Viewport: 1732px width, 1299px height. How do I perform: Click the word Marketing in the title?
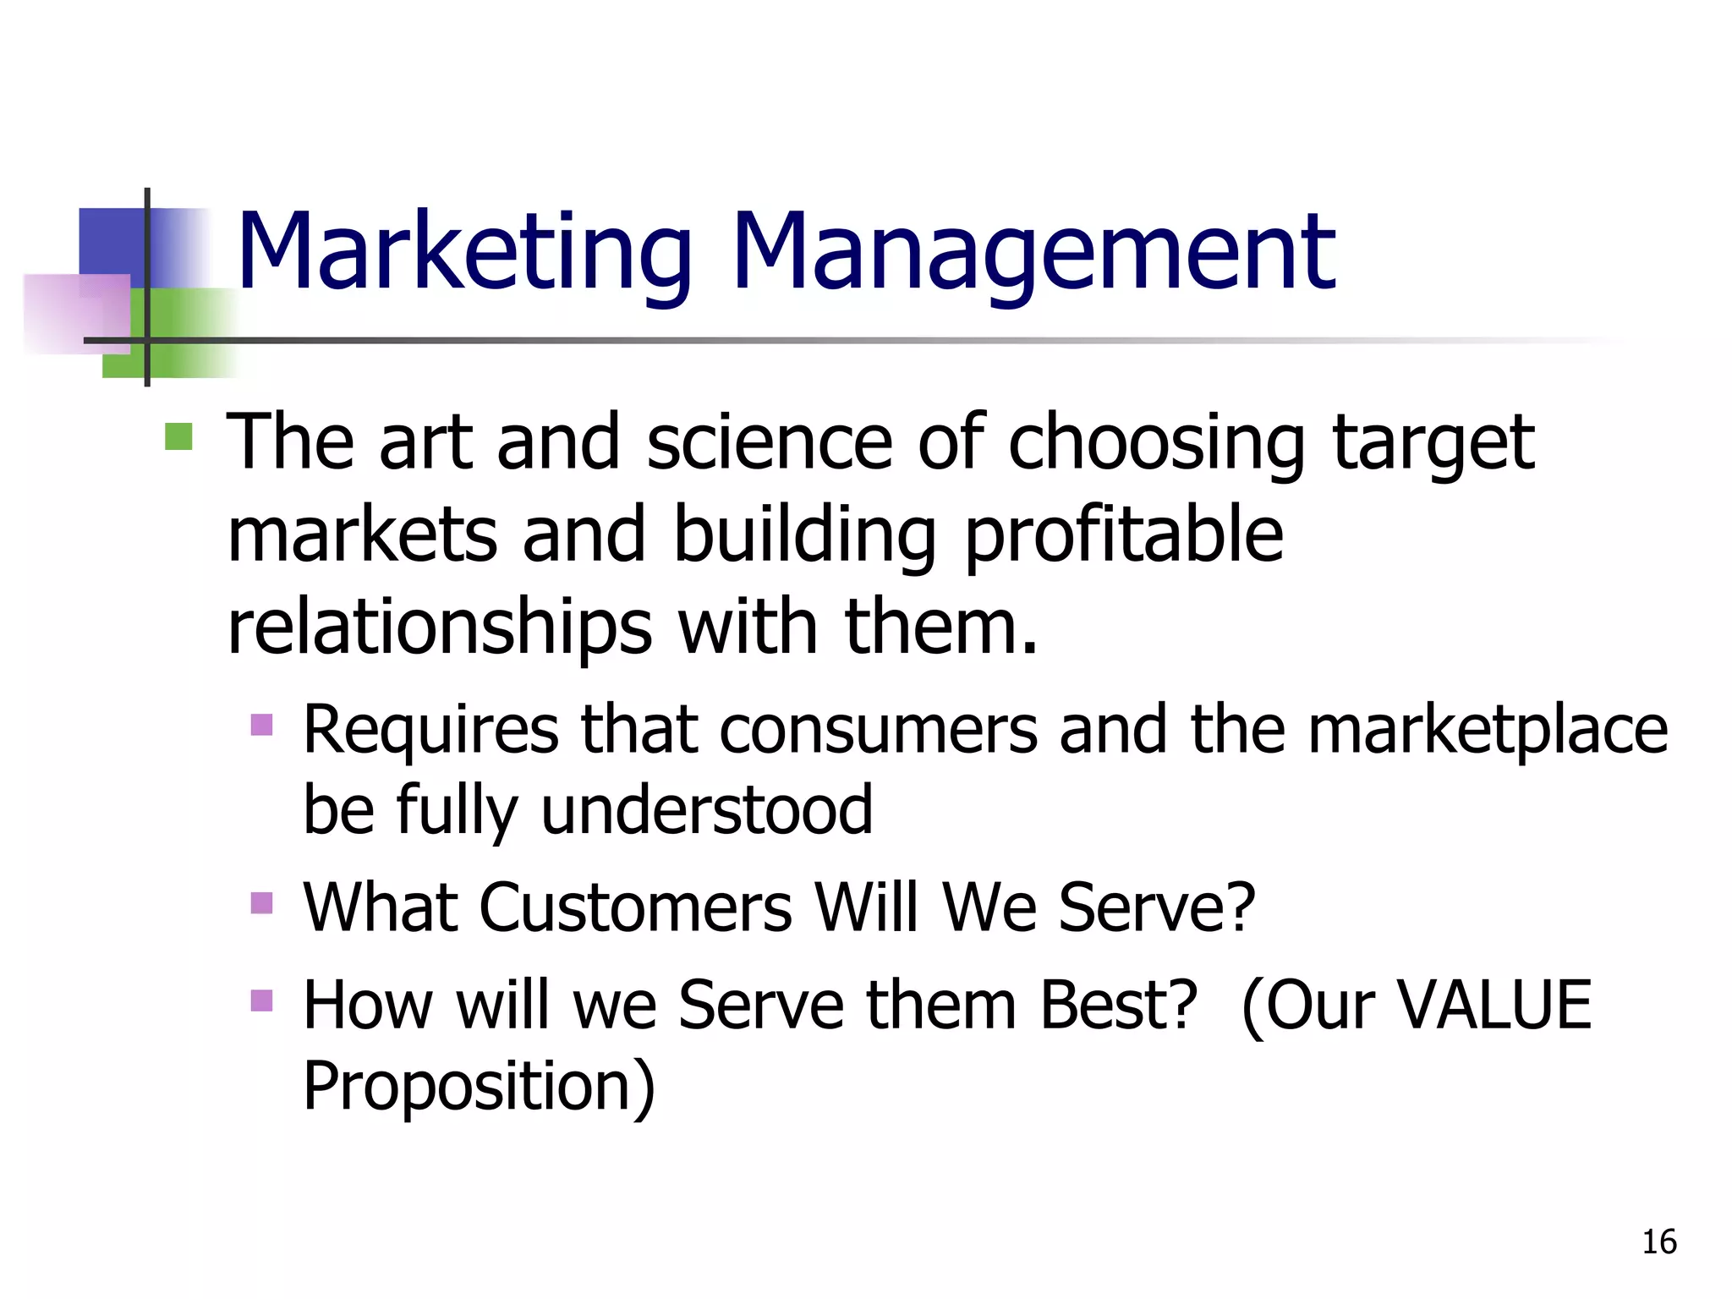pos(464,253)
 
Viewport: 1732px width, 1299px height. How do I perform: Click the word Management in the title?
pos(1033,253)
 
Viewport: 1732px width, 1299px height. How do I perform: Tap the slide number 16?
pos(1658,1242)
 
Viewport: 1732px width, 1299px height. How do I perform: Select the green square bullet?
pos(178,437)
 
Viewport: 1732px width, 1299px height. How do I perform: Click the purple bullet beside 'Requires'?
pos(262,725)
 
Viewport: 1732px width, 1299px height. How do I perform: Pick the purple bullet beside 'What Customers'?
pos(262,903)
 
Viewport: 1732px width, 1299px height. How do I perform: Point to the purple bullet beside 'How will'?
pos(262,1000)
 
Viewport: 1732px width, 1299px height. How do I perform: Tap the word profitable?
pos(1124,534)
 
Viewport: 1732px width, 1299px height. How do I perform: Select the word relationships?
pos(440,628)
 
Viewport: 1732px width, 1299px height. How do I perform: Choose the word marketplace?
pos(1488,730)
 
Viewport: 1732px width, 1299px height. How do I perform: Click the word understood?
pos(706,809)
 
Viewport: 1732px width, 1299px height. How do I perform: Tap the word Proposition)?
pos(479,1086)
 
